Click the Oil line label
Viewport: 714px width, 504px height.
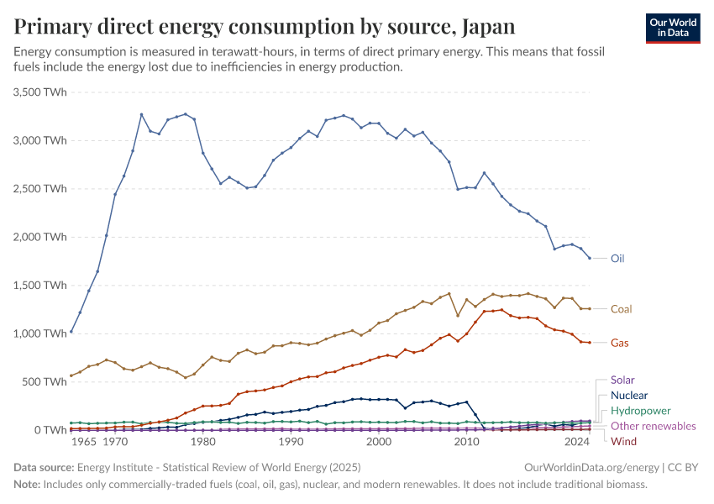click(617, 259)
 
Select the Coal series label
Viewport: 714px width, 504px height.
click(621, 309)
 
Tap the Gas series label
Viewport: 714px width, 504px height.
click(619, 343)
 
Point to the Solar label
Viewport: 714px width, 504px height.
click(622, 380)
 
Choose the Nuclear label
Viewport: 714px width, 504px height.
click(629, 395)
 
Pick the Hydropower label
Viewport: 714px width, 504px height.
click(639, 411)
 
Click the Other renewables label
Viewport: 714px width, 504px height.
click(653, 426)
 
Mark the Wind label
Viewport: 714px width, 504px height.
click(623, 441)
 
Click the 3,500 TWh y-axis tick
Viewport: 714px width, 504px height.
click(40, 92)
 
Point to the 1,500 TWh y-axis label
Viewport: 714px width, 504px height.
click(40, 285)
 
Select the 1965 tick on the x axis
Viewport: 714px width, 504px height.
click(83, 441)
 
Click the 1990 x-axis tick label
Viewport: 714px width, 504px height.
click(291, 441)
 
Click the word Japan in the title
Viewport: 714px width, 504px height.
click(487, 26)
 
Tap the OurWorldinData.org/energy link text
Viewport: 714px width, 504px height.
click(590, 467)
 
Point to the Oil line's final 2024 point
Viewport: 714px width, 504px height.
click(590, 258)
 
